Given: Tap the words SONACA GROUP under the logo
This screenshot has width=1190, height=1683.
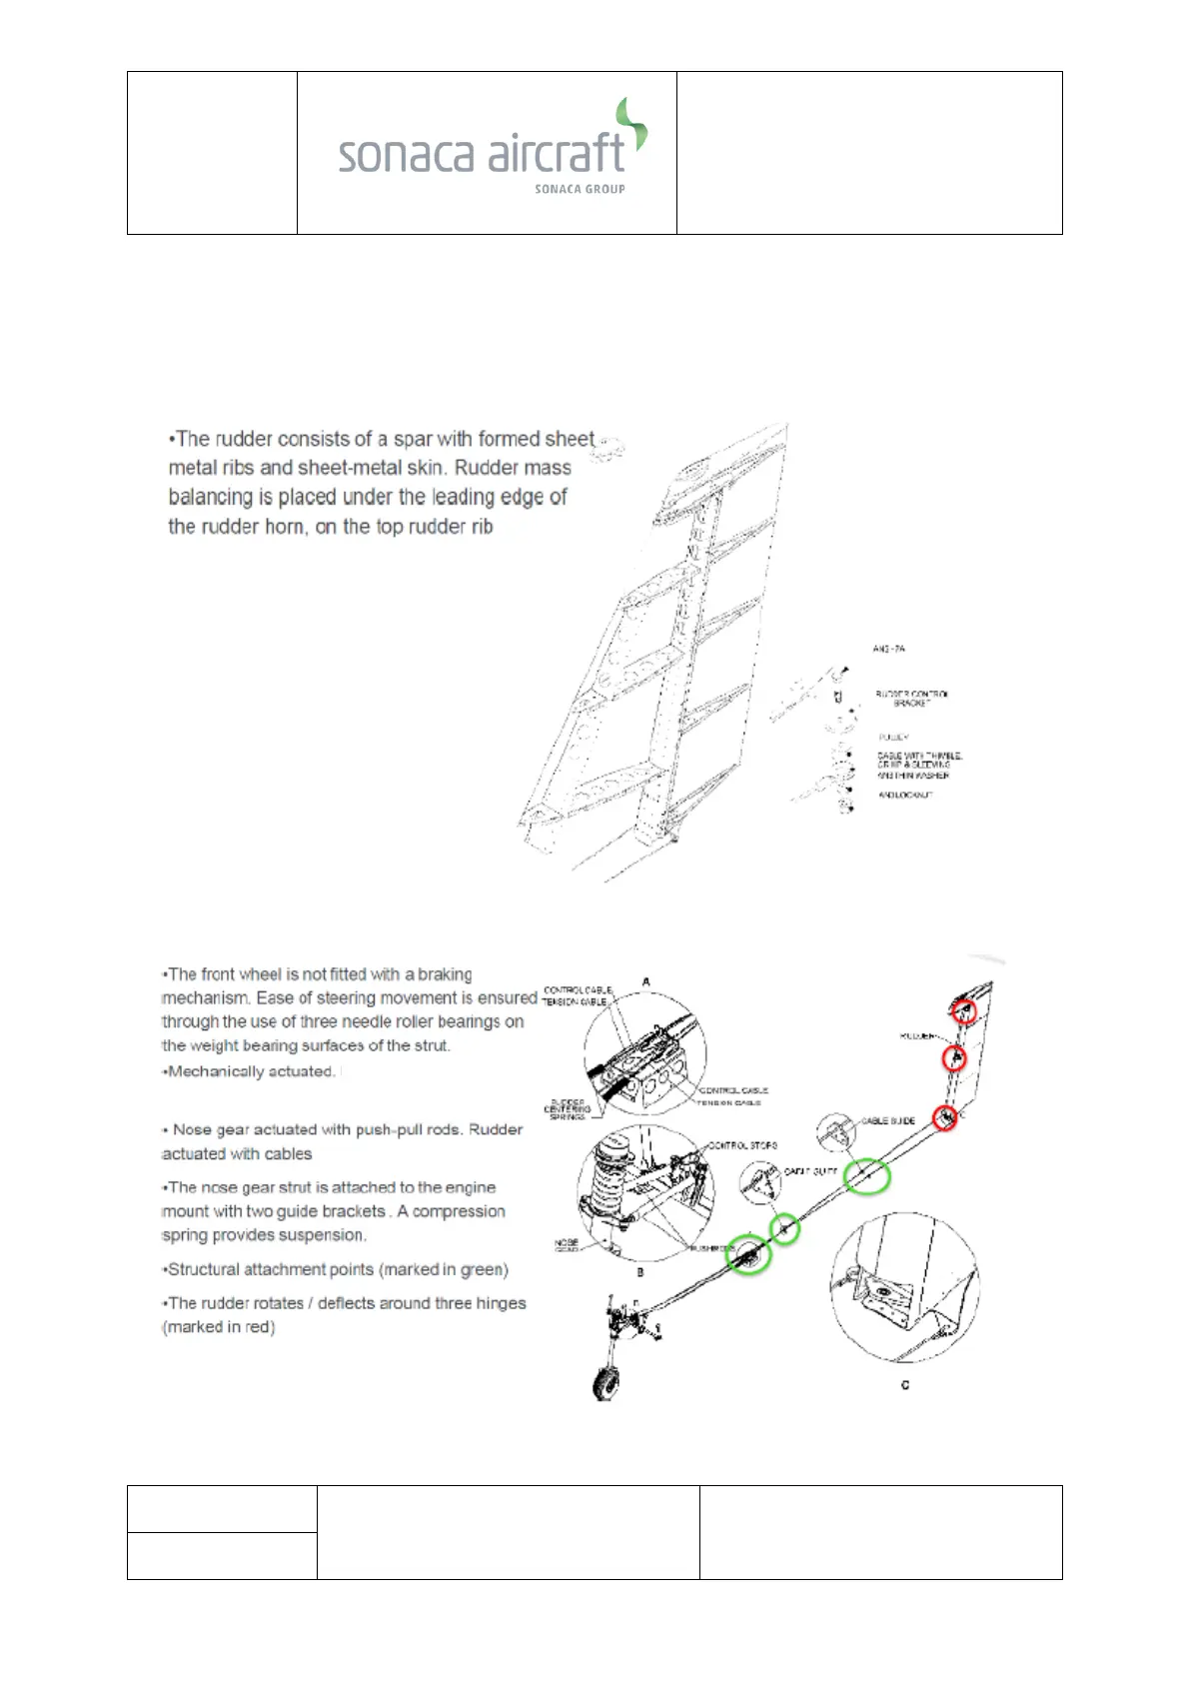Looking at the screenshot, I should [580, 189].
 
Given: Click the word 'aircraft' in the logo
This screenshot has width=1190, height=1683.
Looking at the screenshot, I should [556, 154].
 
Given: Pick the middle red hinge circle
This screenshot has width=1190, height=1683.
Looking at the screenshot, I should [955, 1057].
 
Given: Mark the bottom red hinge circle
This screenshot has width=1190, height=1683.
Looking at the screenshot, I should [945, 1117].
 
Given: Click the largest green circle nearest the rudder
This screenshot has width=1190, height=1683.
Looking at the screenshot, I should [866, 1176].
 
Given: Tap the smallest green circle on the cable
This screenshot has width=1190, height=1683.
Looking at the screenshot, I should [785, 1228].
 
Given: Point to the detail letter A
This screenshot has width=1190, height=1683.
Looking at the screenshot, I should [646, 982].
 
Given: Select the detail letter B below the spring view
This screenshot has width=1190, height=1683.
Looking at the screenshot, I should [640, 1272].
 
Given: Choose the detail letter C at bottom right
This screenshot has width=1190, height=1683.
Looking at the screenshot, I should [905, 1385].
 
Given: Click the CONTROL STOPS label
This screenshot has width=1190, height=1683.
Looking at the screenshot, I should [742, 1145].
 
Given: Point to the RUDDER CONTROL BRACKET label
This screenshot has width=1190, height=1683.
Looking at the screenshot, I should [911, 698].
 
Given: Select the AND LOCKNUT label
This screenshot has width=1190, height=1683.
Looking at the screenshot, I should [905, 795].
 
